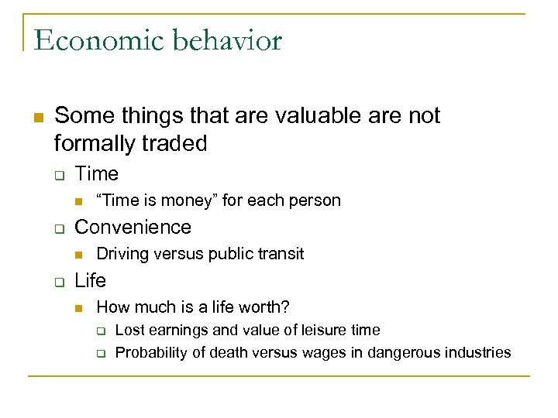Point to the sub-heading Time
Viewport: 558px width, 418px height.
pos(97,174)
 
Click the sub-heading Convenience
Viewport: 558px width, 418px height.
pos(133,228)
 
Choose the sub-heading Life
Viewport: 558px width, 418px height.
pos(91,280)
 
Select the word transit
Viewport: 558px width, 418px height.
pos(280,254)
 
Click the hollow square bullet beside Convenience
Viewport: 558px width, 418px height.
pos(57,228)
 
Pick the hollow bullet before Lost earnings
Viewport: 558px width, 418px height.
pos(100,331)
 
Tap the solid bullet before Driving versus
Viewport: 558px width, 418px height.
pos(78,255)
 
